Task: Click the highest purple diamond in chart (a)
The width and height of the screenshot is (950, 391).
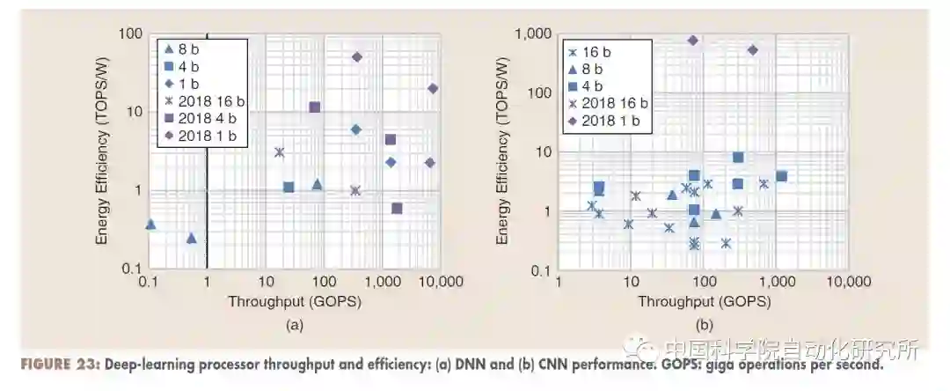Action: coord(357,57)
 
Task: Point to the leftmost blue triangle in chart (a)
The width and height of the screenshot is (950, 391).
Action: coord(150,225)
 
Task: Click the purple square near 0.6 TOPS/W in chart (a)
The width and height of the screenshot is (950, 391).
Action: coord(397,209)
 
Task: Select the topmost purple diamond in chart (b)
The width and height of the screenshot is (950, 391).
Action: coord(693,41)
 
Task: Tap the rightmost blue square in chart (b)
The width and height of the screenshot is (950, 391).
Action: coord(781,176)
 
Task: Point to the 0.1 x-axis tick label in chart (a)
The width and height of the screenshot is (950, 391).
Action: coord(149,282)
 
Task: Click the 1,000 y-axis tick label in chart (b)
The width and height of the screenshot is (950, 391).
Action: coord(533,33)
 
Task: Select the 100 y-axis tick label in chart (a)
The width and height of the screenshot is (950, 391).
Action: coord(128,33)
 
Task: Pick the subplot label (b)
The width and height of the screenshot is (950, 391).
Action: coord(704,325)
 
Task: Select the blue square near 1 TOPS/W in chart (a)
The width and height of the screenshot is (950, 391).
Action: coord(288,187)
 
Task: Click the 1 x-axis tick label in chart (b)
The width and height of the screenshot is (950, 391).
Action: coord(558,282)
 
